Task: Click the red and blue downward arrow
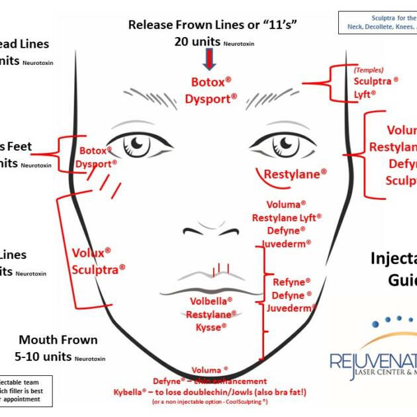click(x=210, y=60)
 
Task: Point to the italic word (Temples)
click(x=369, y=69)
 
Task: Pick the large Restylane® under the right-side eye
click(x=295, y=174)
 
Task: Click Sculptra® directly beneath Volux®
click(x=98, y=269)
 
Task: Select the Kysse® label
click(x=211, y=327)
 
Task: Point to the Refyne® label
click(x=291, y=282)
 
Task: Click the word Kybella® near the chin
click(x=133, y=392)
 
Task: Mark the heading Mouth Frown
click(x=58, y=340)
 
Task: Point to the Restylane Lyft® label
click(x=287, y=217)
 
